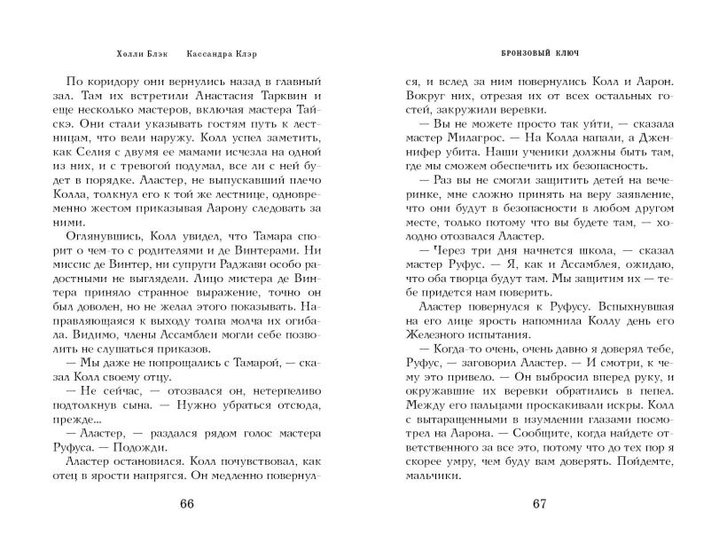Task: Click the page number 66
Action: [x=186, y=506]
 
